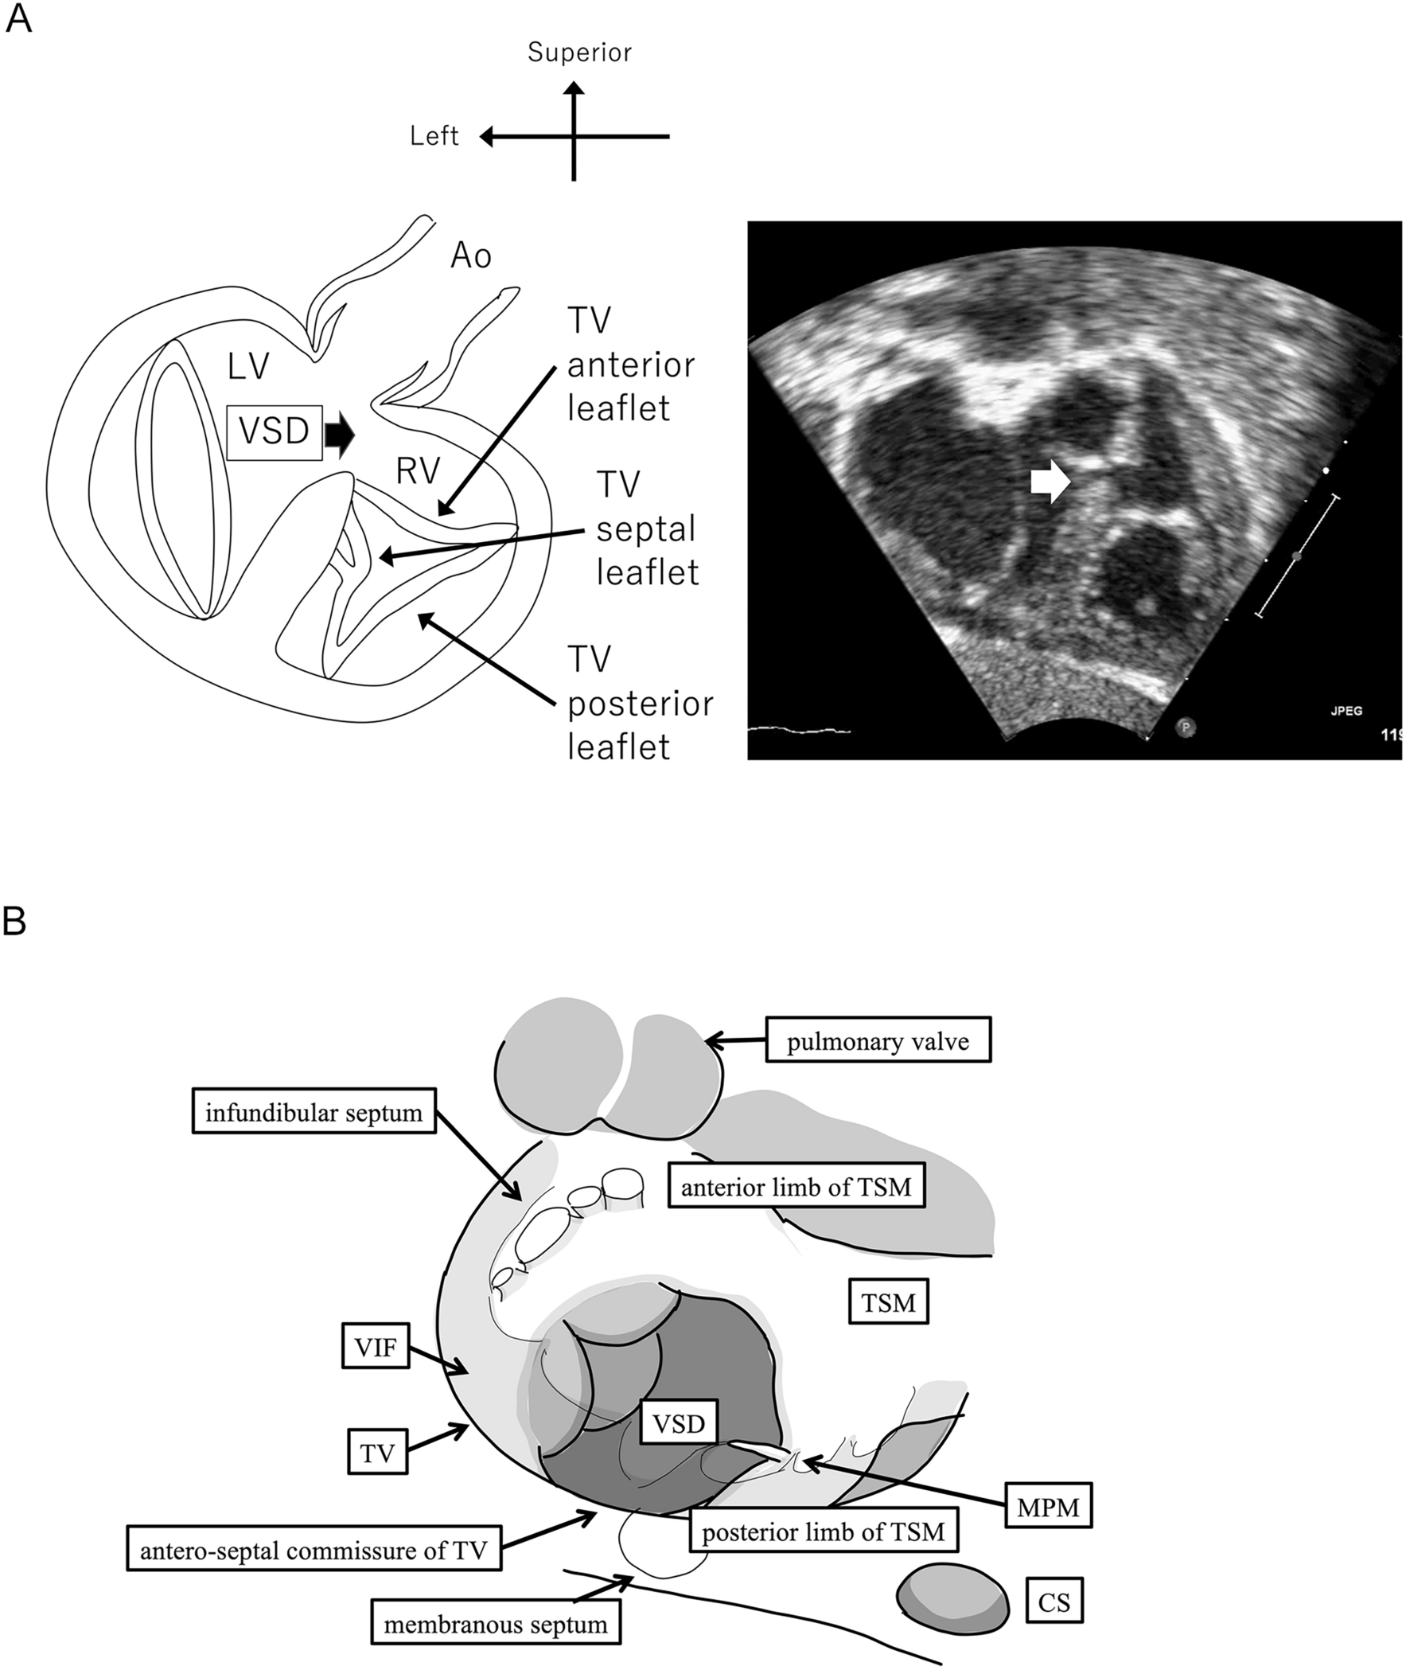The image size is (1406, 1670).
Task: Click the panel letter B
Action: (15, 922)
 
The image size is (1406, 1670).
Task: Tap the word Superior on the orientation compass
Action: (579, 53)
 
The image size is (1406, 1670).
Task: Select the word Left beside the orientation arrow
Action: (434, 136)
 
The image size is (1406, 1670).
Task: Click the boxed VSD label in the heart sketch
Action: (275, 432)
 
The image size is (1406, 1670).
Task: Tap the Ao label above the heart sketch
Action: (471, 256)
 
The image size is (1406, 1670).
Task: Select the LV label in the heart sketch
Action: (248, 367)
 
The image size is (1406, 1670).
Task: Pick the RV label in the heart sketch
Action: (419, 472)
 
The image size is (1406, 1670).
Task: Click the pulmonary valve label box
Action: (878, 1041)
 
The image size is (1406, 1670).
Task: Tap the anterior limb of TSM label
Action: (796, 1187)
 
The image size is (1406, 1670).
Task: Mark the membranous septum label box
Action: (495, 1625)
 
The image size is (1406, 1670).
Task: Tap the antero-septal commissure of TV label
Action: (314, 1551)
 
